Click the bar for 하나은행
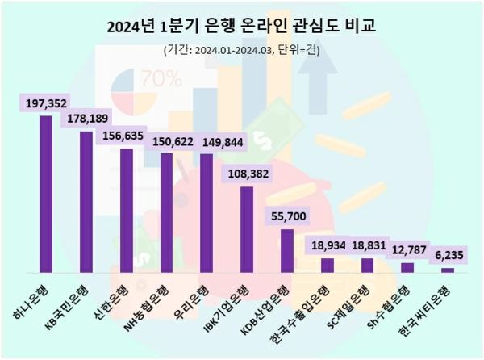(46, 194)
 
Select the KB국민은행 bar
(86, 202)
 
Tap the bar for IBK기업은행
(247, 230)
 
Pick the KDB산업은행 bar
(286, 251)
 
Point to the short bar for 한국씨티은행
(447, 270)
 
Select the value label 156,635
(127, 136)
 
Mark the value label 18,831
(367, 245)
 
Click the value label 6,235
(447, 255)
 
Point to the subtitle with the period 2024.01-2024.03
(241, 51)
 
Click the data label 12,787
(407, 250)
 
